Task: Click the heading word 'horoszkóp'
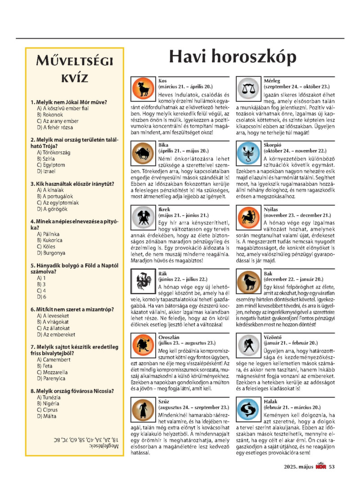pyautogui.click(x=258, y=57)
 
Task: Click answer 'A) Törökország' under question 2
pyautogui.click(x=54, y=153)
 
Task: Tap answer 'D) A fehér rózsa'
pyautogui.click(x=54, y=127)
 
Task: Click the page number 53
pyautogui.click(x=332, y=467)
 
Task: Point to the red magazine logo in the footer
pyautogui.click(x=320, y=466)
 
